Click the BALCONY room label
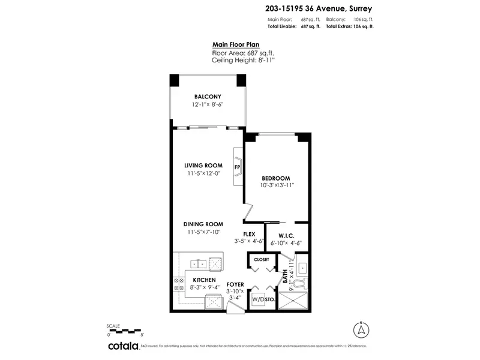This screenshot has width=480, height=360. tap(208, 97)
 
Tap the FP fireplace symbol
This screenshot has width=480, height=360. tap(238, 166)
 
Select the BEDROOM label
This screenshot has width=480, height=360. tap(276, 178)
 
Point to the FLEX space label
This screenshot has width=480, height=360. tap(250, 234)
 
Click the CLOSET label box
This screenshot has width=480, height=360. tap(261, 260)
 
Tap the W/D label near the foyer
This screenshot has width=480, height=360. tap(257, 298)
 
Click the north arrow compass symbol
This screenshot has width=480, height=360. tap(361, 329)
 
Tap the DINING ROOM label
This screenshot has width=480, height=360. tap(203, 224)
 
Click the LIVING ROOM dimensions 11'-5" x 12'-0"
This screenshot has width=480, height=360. tap(203, 173)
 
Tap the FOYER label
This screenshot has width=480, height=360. tap(235, 284)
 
